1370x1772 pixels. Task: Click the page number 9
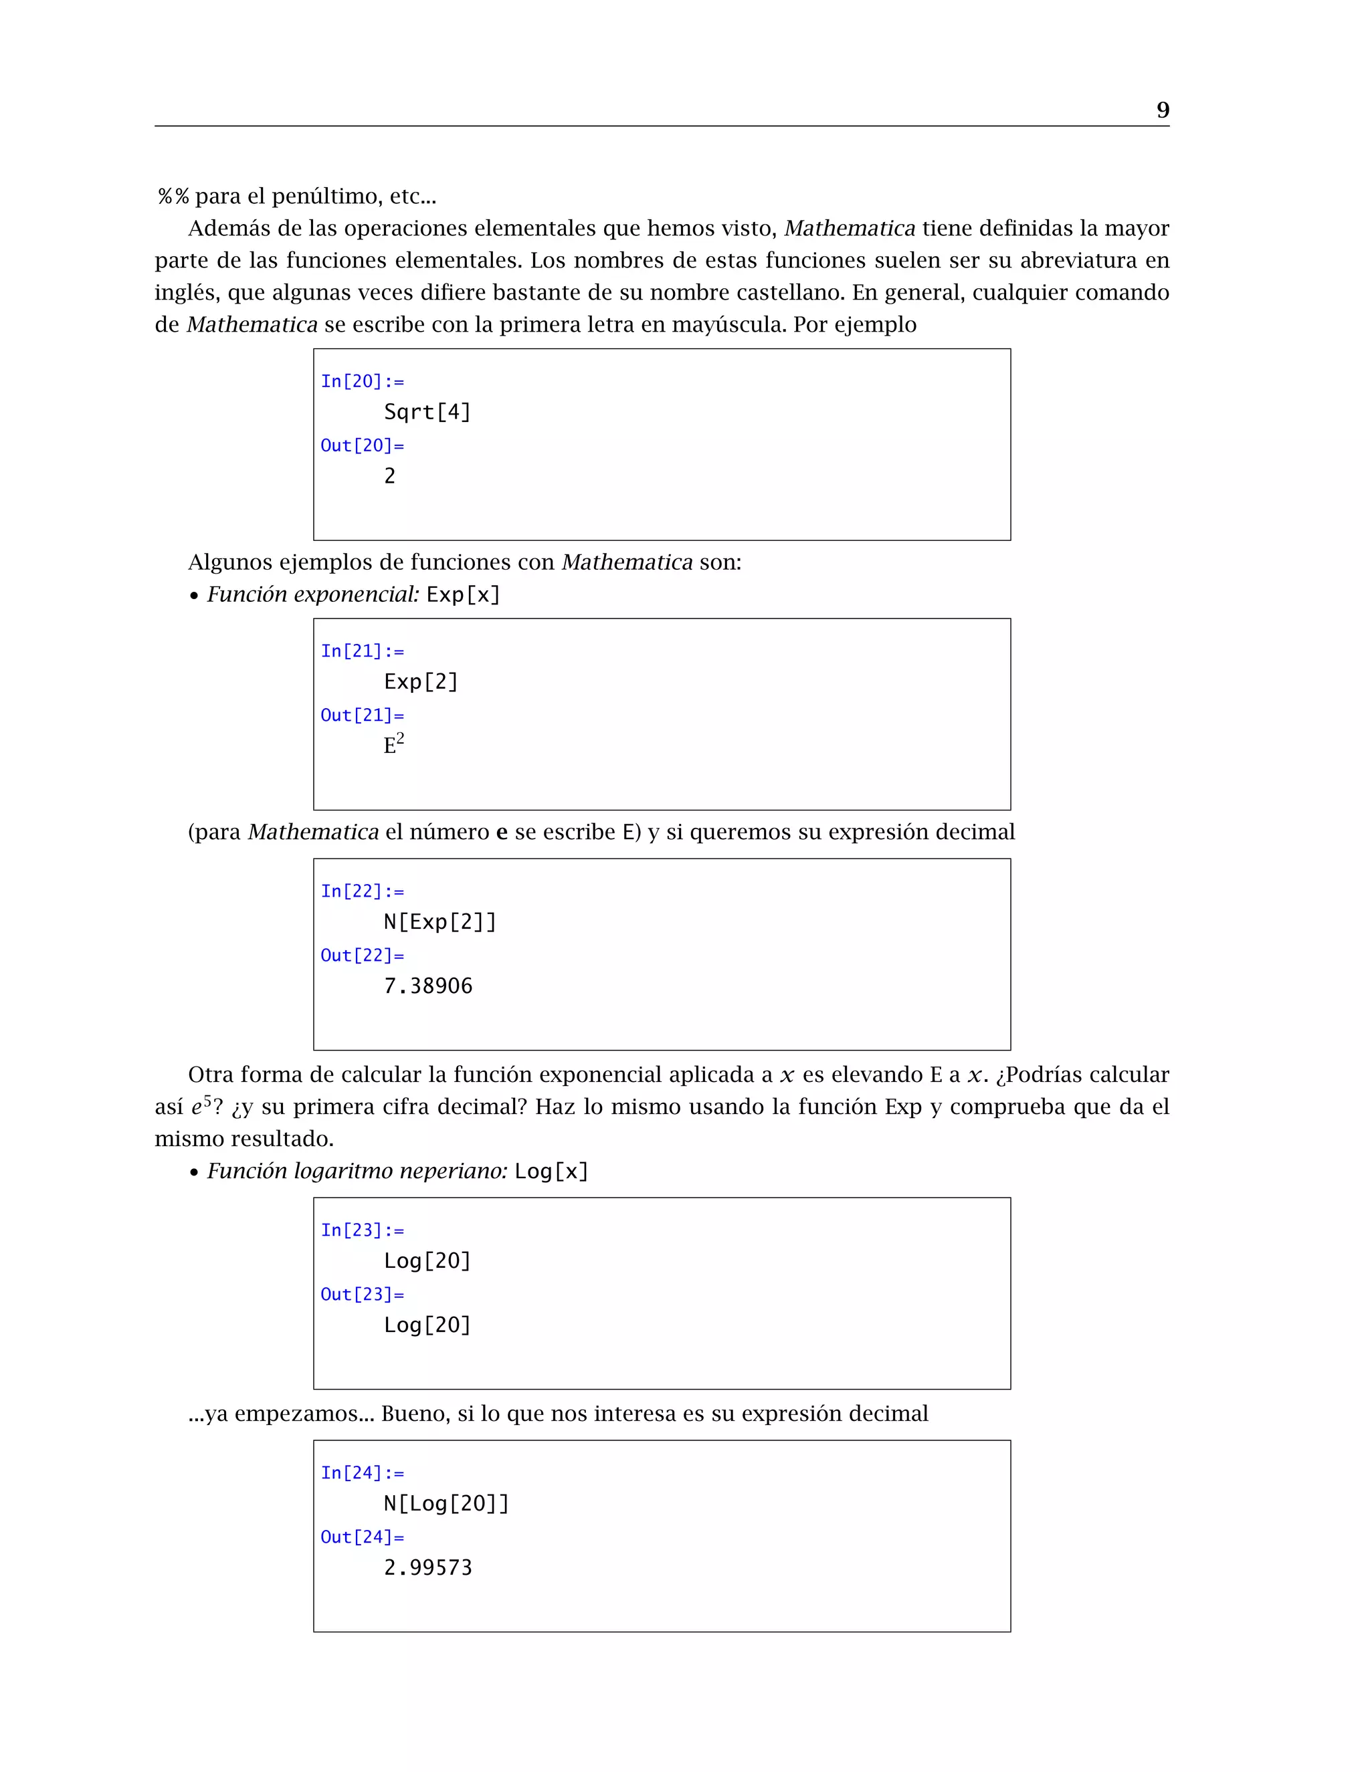[x=1162, y=110]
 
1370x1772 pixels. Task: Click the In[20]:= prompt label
[x=362, y=381]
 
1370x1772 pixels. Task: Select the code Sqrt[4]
[x=427, y=412]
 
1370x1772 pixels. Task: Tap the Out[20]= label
[x=362, y=445]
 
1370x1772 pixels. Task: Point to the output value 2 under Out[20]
[x=389, y=476]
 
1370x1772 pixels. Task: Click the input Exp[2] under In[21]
[x=420, y=681]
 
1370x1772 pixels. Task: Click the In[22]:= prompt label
[x=362, y=891]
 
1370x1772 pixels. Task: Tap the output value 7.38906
[x=427, y=986]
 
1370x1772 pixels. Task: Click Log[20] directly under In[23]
[x=427, y=1261]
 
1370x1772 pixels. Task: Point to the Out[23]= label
[x=362, y=1294]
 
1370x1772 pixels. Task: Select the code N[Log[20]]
[x=446, y=1503]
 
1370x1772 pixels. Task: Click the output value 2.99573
[x=427, y=1567]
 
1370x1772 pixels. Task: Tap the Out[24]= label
[x=362, y=1537]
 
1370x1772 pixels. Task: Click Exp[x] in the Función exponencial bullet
[x=463, y=594]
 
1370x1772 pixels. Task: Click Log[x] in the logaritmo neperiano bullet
[x=551, y=1172]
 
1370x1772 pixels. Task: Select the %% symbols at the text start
[x=173, y=197]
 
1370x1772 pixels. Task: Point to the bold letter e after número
[x=502, y=833]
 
